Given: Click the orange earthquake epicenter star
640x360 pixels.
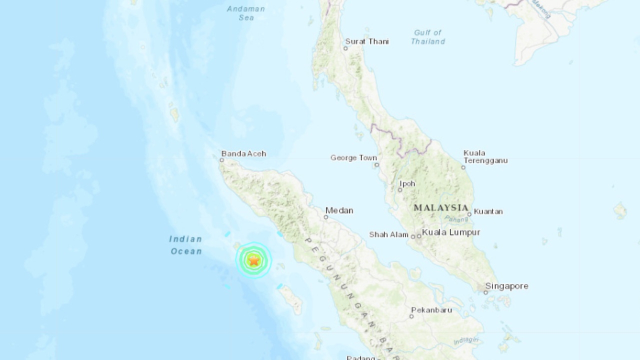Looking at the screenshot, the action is click(254, 260).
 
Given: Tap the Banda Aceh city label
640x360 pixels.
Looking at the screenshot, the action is click(243, 153).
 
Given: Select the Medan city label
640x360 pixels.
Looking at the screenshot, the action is click(339, 210).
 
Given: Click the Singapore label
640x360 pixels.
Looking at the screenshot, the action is click(506, 286).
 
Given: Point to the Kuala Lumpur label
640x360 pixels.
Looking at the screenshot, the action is click(451, 232).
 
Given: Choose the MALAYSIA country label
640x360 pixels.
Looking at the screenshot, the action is click(441, 207).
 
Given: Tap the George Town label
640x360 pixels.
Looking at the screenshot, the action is click(353, 157).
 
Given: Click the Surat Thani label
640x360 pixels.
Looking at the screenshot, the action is click(366, 41).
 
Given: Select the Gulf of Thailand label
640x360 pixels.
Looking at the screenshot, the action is click(428, 37).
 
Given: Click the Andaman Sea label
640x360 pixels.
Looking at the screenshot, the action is click(246, 13).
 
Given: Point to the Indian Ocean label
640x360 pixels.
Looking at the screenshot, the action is click(186, 245).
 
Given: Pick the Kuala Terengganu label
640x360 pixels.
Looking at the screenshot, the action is click(485, 156).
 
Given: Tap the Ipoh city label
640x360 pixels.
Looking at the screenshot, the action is click(407, 183).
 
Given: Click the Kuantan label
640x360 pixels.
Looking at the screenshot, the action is click(488, 211).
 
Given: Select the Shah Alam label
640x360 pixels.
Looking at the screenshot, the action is click(388, 234).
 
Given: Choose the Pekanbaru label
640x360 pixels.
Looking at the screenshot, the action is click(431, 310).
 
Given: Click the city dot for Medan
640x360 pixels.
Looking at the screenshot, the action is click(326, 217).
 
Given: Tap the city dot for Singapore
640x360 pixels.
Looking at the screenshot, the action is click(485, 292).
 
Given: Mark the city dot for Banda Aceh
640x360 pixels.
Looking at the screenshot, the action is click(222, 160).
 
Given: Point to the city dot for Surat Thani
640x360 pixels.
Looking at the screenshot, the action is click(346, 48).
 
